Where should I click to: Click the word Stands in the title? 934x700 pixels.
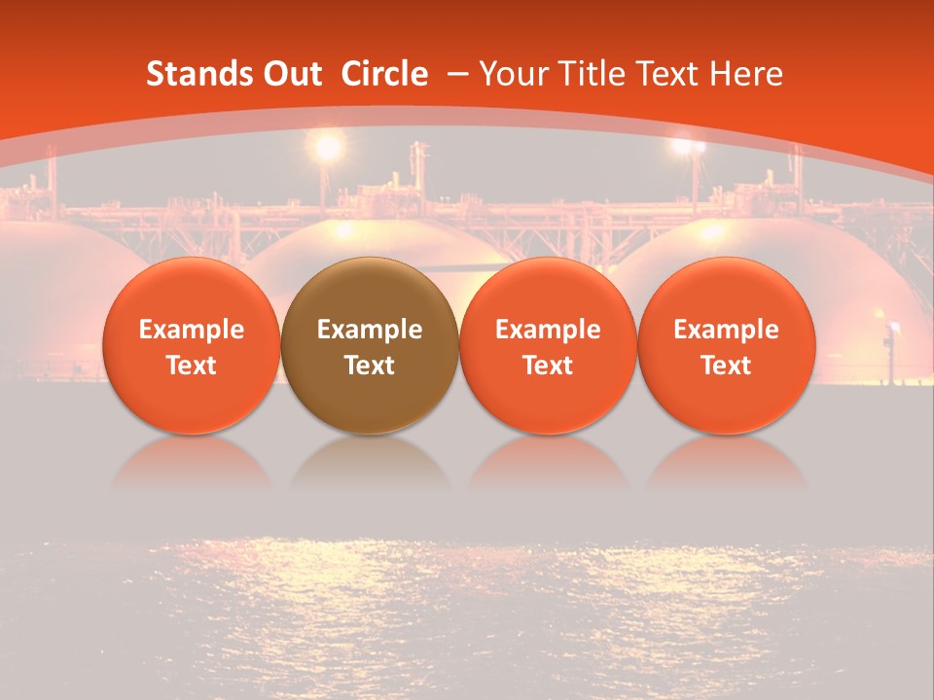click(191, 75)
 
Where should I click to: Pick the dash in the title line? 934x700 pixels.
click(456, 75)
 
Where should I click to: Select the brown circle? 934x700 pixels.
click(370, 345)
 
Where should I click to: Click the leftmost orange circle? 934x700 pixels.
click(192, 345)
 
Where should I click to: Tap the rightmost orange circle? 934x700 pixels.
click(727, 345)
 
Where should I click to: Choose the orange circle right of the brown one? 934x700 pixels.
click(548, 345)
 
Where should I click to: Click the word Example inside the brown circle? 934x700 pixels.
click(370, 330)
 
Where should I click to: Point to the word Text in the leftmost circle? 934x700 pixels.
click(192, 366)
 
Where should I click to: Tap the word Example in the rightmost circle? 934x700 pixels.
click(727, 330)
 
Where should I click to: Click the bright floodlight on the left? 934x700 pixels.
click(328, 148)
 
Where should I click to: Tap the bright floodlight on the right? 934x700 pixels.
click(689, 147)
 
